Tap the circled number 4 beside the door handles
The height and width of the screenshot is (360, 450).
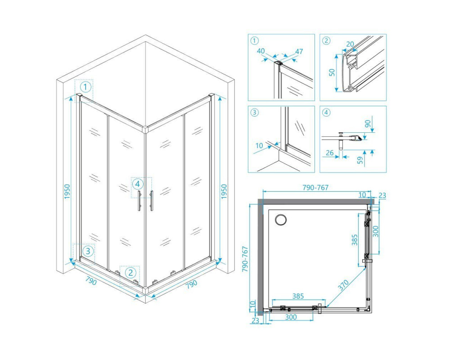(138, 184)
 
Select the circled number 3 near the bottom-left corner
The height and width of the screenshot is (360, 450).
(88, 251)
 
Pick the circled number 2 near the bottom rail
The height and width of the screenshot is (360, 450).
(130, 272)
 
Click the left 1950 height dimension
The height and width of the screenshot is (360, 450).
(67, 192)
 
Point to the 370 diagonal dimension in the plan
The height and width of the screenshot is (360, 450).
(343, 285)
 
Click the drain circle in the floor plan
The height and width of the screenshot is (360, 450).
(280, 220)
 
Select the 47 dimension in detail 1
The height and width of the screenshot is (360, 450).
(299, 52)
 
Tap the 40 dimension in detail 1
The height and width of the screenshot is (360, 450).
(261, 51)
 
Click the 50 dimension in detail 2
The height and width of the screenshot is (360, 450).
(332, 72)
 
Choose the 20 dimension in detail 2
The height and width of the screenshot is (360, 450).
(350, 44)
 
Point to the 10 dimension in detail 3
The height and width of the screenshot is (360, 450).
(259, 145)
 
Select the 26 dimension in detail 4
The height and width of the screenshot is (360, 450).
(330, 153)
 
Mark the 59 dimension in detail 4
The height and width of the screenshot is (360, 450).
(360, 160)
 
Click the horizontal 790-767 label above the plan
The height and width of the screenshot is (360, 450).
(315, 188)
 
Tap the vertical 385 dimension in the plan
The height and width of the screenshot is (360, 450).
(355, 240)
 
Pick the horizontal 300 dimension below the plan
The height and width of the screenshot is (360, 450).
(291, 317)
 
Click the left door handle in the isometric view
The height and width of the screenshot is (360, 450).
(139, 201)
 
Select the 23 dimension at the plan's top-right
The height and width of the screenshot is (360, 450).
(382, 196)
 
